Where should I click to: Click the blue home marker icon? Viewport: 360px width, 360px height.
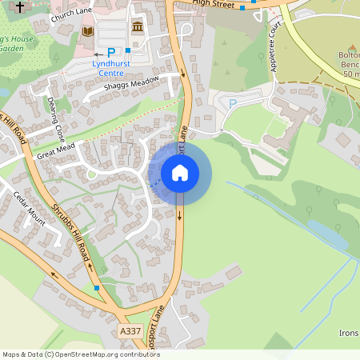pos(180,172)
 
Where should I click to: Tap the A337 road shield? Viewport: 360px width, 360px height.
pos(130,330)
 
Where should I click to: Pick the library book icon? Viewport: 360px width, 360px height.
pos(87,30)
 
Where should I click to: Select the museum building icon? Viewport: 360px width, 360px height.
pos(137,28)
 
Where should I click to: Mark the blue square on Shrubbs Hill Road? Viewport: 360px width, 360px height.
pos(96,286)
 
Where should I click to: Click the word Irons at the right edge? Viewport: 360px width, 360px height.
pos(349,333)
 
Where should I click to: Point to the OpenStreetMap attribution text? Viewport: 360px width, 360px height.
pos(80,354)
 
